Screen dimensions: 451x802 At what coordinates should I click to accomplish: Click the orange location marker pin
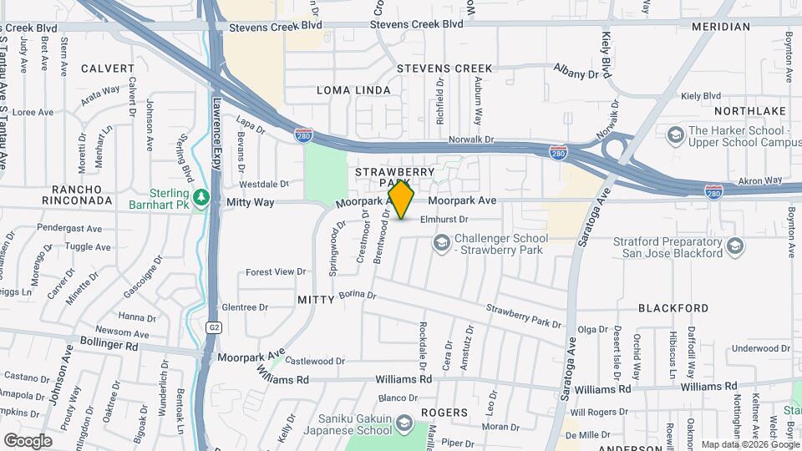pyautogui.click(x=402, y=200)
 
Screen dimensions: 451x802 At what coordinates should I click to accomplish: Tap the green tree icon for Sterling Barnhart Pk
pyautogui.click(x=201, y=197)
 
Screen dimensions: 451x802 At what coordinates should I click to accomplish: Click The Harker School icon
pyautogui.click(x=674, y=134)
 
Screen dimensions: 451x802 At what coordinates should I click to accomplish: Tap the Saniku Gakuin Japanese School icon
pyautogui.click(x=404, y=423)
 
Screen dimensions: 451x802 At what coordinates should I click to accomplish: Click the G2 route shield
pyautogui.click(x=214, y=328)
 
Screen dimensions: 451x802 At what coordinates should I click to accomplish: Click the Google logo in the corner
pyautogui.click(x=28, y=440)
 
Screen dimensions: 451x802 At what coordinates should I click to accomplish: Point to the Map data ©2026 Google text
pyautogui.click(x=749, y=444)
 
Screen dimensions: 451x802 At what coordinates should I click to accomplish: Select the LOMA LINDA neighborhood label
pyautogui.click(x=353, y=90)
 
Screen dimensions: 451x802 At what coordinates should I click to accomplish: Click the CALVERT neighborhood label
pyautogui.click(x=108, y=68)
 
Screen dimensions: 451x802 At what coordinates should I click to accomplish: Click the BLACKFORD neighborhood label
pyautogui.click(x=673, y=308)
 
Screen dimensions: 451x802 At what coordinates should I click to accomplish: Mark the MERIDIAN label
pyautogui.click(x=721, y=27)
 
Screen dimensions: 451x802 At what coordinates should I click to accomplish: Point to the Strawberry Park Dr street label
pyautogui.click(x=524, y=316)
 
